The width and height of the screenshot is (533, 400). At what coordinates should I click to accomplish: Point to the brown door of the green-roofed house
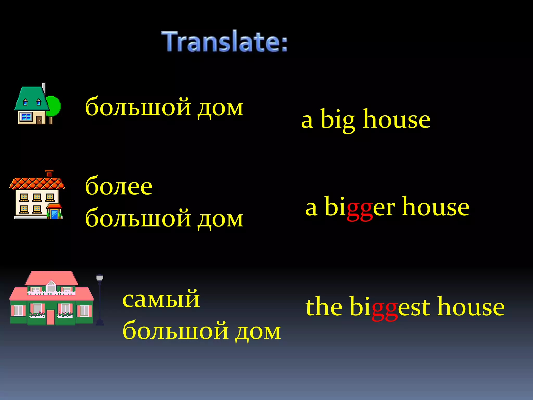[x=39, y=120]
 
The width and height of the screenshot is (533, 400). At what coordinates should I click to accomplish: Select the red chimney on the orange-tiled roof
[x=49, y=173]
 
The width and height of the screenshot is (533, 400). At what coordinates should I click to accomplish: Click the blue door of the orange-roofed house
[x=55, y=214]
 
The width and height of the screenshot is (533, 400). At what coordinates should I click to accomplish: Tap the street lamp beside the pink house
[x=100, y=299]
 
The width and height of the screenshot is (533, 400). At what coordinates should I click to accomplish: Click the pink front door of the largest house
[x=50, y=317]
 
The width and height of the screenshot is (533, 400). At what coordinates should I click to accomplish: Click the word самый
[x=161, y=299]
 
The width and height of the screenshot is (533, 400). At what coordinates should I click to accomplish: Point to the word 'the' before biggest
[x=324, y=307]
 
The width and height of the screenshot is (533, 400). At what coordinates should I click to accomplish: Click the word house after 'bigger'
[x=436, y=207]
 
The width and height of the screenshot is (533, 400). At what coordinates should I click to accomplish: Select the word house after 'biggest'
[x=471, y=307]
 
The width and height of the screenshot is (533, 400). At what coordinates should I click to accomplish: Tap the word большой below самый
[x=176, y=331]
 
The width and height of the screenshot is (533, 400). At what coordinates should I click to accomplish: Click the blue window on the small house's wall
[x=26, y=116]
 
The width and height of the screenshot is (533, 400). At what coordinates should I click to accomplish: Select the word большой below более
[x=138, y=219]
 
